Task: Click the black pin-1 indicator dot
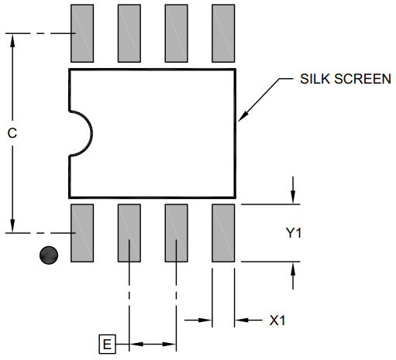click(x=49, y=255)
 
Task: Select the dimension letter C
click(x=12, y=133)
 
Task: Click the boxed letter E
click(x=106, y=344)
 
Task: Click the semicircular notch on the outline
click(x=80, y=132)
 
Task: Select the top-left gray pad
click(x=82, y=33)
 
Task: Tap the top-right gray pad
click(x=223, y=33)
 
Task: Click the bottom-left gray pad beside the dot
click(x=82, y=232)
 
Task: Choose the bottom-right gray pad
click(x=223, y=232)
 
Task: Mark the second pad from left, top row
click(x=129, y=33)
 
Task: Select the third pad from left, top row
click(x=177, y=33)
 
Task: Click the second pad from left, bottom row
click(x=129, y=232)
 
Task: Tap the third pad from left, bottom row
click(x=177, y=232)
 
